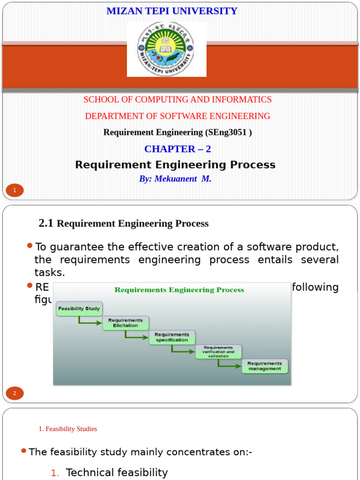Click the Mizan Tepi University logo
click(x=166, y=49)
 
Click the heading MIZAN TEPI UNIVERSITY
click(x=172, y=11)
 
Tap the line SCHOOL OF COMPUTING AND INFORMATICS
click(x=177, y=99)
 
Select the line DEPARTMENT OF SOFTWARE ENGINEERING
click(x=178, y=116)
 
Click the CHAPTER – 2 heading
click(x=178, y=149)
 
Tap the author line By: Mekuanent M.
click(x=175, y=179)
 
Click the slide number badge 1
click(x=15, y=190)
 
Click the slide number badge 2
click(x=15, y=393)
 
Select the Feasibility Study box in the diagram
click(x=79, y=309)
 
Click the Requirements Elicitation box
click(x=126, y=323)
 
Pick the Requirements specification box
click(x=172, y=337)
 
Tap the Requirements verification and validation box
click(x=218, y=352)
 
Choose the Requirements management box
click(x=265, y=366)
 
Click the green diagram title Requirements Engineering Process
click(x=180, y=290)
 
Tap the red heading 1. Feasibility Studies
click(x=68, y=429)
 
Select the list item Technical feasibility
click(x=117, y=472)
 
